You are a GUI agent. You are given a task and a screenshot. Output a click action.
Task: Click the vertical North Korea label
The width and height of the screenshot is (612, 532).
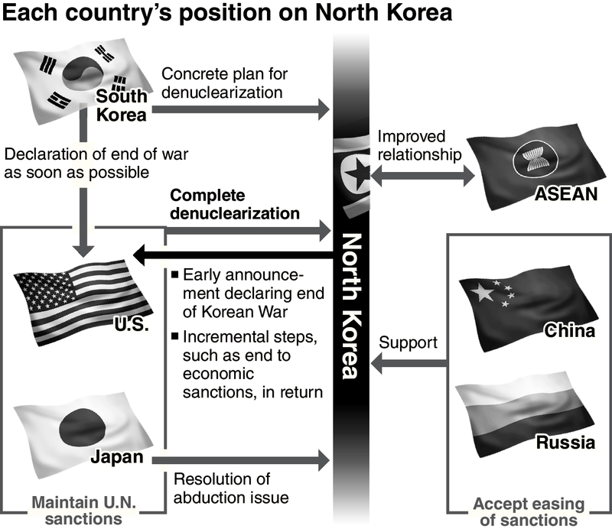coord(351,306)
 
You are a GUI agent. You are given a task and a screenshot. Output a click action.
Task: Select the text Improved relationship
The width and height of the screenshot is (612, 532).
coord(421,145)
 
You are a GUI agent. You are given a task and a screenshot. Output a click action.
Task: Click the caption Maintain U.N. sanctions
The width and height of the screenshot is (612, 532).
coord(76,511)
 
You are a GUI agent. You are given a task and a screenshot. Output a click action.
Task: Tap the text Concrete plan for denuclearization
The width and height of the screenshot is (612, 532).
coord(223,83)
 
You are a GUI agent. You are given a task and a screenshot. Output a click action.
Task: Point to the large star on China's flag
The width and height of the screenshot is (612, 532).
coord(481,293)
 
